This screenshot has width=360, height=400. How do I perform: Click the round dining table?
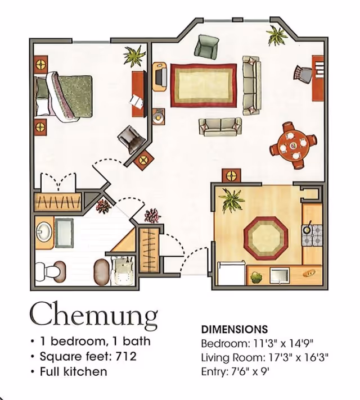(x=293, y=145)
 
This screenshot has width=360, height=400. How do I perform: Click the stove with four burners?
(x=312, y=235)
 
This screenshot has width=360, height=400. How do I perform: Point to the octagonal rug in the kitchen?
(x=266, y=238)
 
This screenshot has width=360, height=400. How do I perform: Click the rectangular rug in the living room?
(x=204, y=85)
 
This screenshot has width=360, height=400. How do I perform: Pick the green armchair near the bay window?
(x=206, y=47)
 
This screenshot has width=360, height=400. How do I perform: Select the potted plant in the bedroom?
(x=134, y=56)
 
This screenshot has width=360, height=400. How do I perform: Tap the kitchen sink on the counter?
(x=280, y=275)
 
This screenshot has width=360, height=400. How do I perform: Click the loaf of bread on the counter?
(x=309, y=274)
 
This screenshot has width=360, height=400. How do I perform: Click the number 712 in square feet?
(x=126, y=356)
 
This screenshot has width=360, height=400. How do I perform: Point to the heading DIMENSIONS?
(x=235, y=329)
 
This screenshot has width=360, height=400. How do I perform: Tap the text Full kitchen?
(x=73, y=371)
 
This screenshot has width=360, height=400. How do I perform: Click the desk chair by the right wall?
(x=303, y=73)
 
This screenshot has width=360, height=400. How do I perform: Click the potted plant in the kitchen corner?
(x=231, y=200)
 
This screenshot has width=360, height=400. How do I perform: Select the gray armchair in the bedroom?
(x=132, y=140)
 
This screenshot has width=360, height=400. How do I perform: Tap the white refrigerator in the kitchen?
(x=232, y=274)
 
